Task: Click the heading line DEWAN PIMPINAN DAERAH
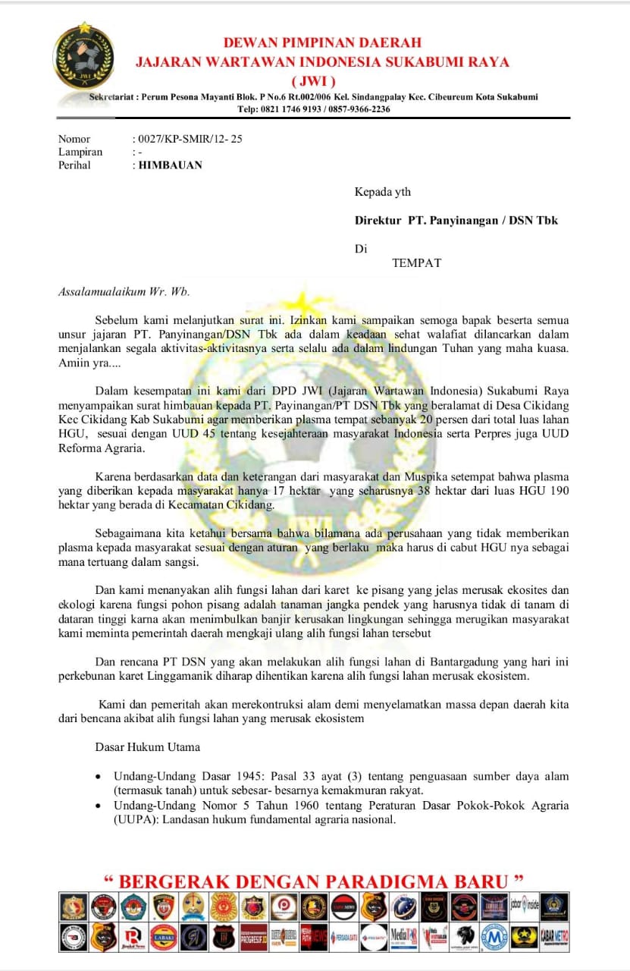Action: tap(322, 42)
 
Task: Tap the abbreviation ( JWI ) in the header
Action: tap(314, 81)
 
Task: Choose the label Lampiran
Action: tap(80, 152)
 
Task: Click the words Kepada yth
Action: tap(383, 193)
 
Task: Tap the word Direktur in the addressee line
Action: tap(377, 221)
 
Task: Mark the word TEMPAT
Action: tap(416, 263)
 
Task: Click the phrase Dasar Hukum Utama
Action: tap(147, 746)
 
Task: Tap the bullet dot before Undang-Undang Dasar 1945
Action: tap(99, 778)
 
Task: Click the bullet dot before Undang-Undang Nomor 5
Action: tap(99, 806)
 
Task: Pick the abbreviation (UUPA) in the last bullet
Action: tap(136, 819)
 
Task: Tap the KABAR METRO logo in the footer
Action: tap(554, 937)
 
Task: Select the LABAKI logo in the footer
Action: tap(164, 937)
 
